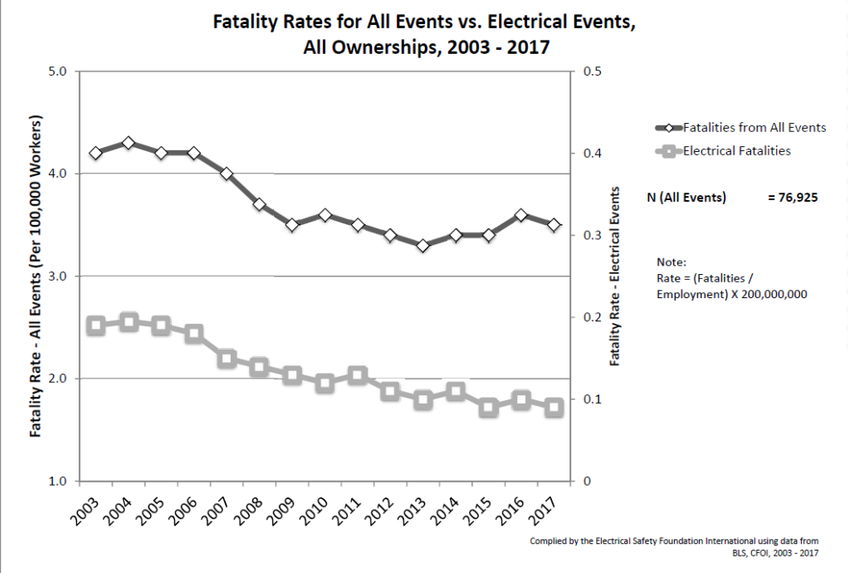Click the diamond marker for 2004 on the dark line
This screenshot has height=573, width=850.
[x=128, y=143]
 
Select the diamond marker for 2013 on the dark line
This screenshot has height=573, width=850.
[x=423, y=246]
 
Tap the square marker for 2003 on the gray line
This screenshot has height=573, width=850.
[x=95, y=326]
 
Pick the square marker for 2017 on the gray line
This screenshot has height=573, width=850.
[x=554, y=408]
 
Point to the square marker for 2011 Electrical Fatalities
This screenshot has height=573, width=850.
[x=358, y=375]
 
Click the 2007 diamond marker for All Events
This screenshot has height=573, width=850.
[x=227, y=174]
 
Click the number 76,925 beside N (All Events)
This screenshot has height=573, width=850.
[x=794, y=198]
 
